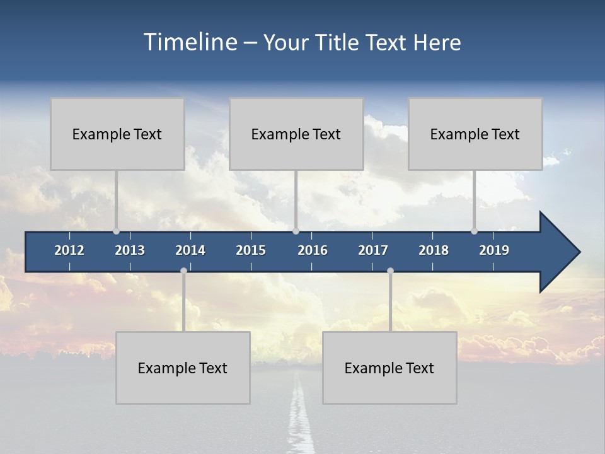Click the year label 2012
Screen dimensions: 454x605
click(69, 250)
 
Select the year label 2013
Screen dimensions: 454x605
click(130, 250)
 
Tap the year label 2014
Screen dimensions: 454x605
click(190, 250)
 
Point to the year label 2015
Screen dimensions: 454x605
click(251, 250)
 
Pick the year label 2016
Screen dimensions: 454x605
click(313, 250)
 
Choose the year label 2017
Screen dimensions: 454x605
click(373, 250)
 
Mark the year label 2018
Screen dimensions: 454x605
click(434, 250)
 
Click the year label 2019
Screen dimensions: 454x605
click(494, 250)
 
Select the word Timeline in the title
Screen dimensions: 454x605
click(190, 42)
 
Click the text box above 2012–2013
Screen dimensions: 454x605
click(117, 134)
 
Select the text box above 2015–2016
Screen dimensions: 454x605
click(296, 134)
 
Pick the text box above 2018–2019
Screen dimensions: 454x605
click(475, 134)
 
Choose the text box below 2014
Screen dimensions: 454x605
click(183, 368)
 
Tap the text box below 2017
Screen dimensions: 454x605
click(389, 368)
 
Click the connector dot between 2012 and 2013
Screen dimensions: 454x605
click(117, 231)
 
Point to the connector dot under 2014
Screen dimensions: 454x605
click(183, 271)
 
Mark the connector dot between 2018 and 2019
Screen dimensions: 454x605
click(475, 231)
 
